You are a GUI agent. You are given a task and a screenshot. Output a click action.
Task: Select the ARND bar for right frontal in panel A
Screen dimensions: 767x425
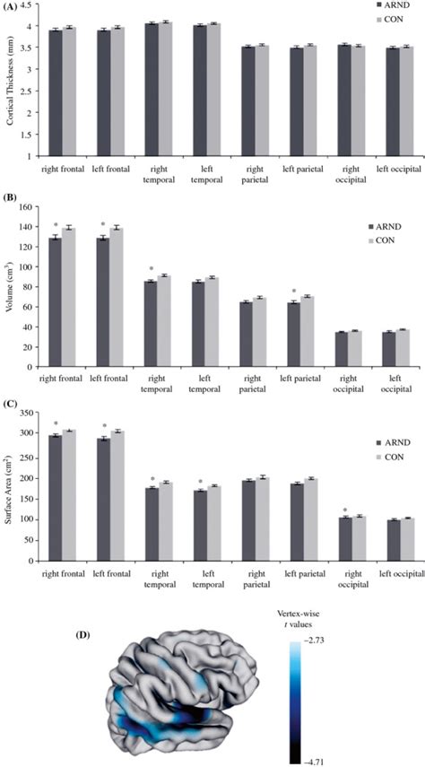(56, 92)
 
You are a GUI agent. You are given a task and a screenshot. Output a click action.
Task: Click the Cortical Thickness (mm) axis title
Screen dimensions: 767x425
(10, 81)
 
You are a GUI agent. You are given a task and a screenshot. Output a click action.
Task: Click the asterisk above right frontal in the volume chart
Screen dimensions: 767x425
(56, 224)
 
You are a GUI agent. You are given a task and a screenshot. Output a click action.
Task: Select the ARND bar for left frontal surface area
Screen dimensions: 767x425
(104, 499)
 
